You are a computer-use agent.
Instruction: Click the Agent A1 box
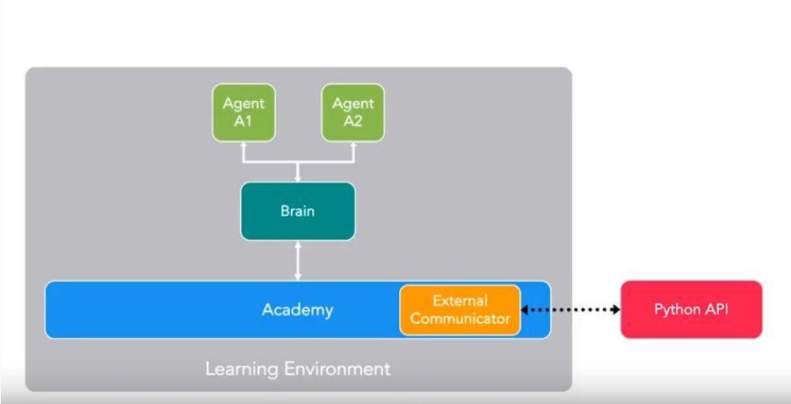pyautogui.click(x=243, y=112)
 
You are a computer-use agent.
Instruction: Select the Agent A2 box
pyautogui.click(x=353, y=112)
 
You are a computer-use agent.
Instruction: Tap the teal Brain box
pyautogui.click(x=298, y=211)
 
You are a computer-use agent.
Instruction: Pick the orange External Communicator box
pyautogui.click(x=460, y=310)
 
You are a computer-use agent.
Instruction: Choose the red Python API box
pyautogui.click(x=691, y=309)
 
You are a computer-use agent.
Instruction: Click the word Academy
pyautogui.click(x=298, y=309)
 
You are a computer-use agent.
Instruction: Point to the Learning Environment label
pyautogui.click(x=298, y=369)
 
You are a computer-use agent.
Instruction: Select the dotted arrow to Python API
pyautogui.click(x=570, y=310)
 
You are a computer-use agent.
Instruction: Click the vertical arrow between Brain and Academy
pyautogui.click(x=298, y=261)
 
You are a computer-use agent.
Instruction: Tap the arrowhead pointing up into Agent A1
pyautogui.click(x=243, y=145)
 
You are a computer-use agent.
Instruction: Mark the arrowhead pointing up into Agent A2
pyautogui.click(x=353, y=145)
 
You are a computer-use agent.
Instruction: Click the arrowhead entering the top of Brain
pyautogui.click(x=298, y=178)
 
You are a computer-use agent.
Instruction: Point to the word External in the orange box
pyautogui.click(x=460, y=300)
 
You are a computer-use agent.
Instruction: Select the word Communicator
pyautogui.click(x=460, y=319)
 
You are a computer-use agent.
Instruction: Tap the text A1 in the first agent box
pyautogui.click(x=243, y=121)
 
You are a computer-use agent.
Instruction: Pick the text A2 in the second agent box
pyautogui.click(x=353, y=121)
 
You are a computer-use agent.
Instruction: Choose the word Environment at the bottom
pyautogui.click(x=337, y=369)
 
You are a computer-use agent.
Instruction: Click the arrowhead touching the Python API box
pyautogui.click(x=616, y=310)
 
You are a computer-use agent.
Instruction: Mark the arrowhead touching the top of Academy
pyautogui.click(x=298, y=278)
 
